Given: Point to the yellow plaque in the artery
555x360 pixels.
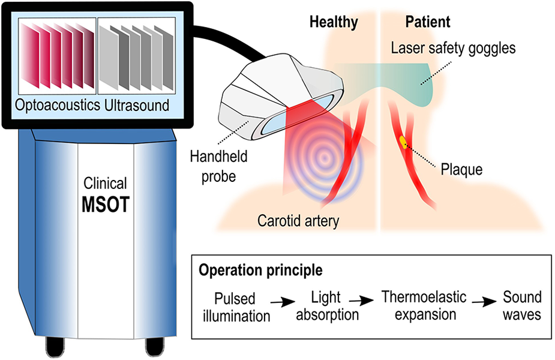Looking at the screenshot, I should [x=403, y=142].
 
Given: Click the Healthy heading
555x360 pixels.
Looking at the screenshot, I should [x=334, y=23].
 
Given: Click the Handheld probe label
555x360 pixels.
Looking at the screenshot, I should [x=219, y=167].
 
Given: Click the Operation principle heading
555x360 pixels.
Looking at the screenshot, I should [x=260, y=270].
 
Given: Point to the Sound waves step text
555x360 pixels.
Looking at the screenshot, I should [x=521, y=305].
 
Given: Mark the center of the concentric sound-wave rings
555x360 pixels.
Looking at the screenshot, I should [x=324, y=159].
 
